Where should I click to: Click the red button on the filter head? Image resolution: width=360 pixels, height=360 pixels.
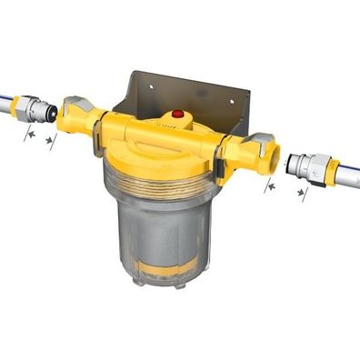(179, 116)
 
